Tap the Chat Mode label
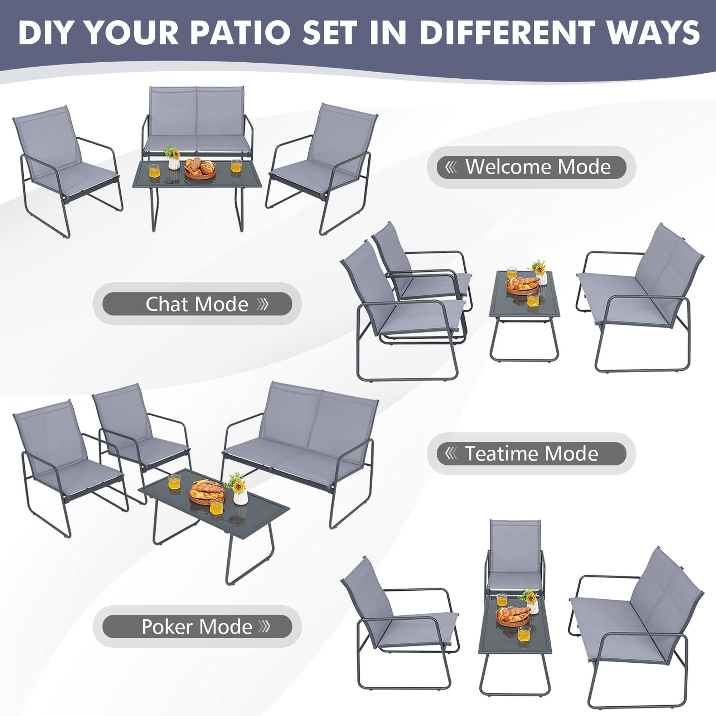tap(197, 304)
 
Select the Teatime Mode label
tap(531, 454)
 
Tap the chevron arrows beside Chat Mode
tap(263, 304)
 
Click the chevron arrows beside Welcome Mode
tap(451, 167)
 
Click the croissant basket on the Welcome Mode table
tap(200, 169)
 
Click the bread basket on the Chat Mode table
tap(523, 285)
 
